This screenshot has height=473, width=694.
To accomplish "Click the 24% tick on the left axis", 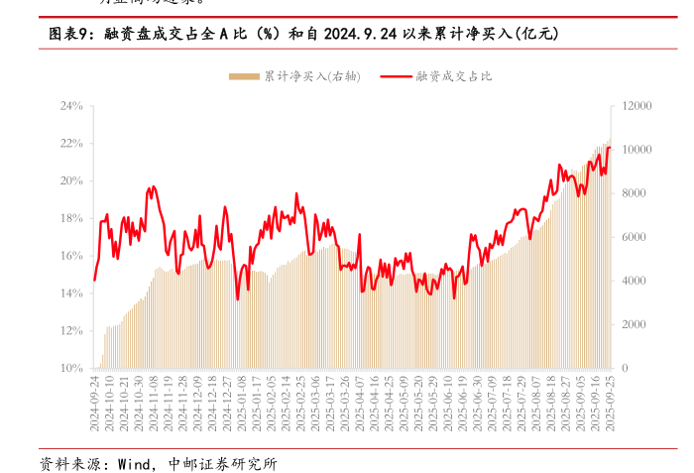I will point(69,105).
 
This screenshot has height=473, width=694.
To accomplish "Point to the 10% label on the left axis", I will point(69,368).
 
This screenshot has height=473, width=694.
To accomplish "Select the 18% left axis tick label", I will point(69,218).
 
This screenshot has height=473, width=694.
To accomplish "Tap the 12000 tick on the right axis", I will point(636,105).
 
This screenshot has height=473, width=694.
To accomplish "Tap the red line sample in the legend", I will point(397,76).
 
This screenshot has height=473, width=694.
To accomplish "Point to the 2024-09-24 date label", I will point(96,401).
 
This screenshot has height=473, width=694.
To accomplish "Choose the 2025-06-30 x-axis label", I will point(478,401).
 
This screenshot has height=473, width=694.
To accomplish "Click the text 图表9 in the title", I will point(69,34).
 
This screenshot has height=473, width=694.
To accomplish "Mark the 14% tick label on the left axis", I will point(69,294).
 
